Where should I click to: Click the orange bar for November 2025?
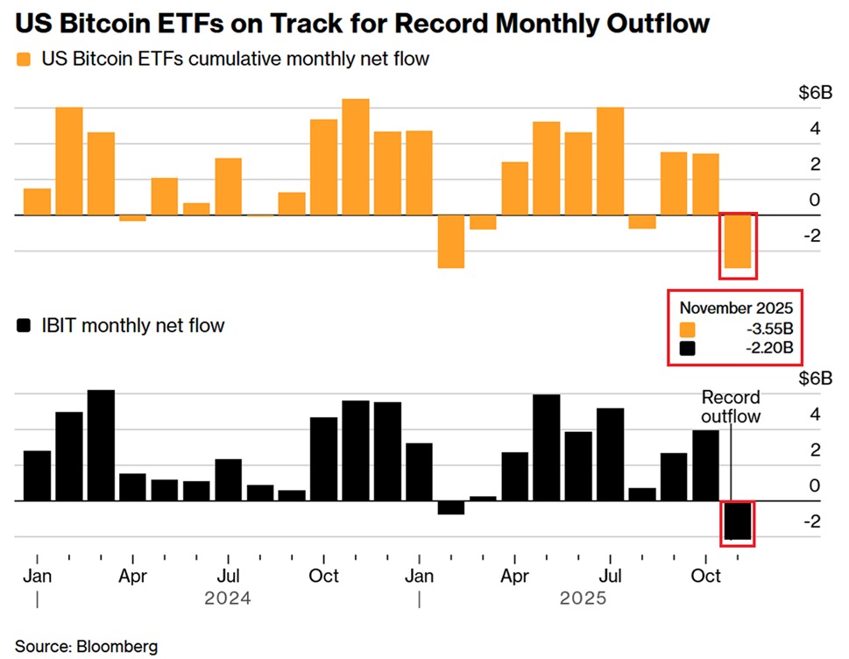coord(737,241)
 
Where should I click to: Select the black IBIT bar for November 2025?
coord(737,521)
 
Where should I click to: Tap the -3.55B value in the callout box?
coord(768,329)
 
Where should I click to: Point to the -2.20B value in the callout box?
coord(768,349)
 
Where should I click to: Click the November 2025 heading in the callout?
coord(736,308)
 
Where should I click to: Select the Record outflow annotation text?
coord(731,407)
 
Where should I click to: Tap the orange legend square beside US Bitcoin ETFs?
coord(24,60)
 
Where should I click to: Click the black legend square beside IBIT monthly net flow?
coord(24,326)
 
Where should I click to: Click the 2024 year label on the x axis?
coord(228,599)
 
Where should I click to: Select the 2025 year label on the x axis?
coord(583,599)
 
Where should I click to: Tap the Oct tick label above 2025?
coord(705,576)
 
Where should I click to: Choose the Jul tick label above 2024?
coord(228,576)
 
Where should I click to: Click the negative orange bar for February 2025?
coord(450,241)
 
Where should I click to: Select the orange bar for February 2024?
coord(69,161)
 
